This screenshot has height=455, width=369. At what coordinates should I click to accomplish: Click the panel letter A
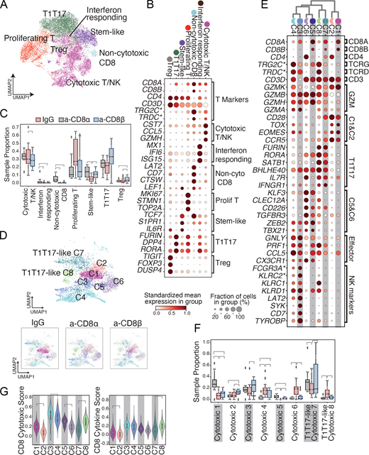(6, 6)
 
